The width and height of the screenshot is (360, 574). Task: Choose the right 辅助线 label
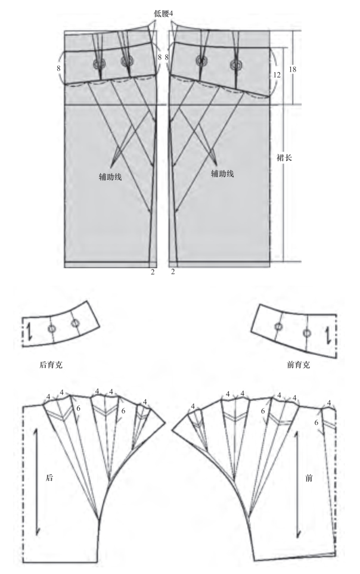pyautogui.click(x=222, y=173)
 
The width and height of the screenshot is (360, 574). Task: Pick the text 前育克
pyautogui.click(x=300, y=365)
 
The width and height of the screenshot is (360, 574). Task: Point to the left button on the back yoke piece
pyautogui.click(x=52, y=329)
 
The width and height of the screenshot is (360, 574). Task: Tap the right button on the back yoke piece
pyautogui.click(x=75, y=323)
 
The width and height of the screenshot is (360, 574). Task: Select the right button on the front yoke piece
pyautogui.click(x=306, y=333)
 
